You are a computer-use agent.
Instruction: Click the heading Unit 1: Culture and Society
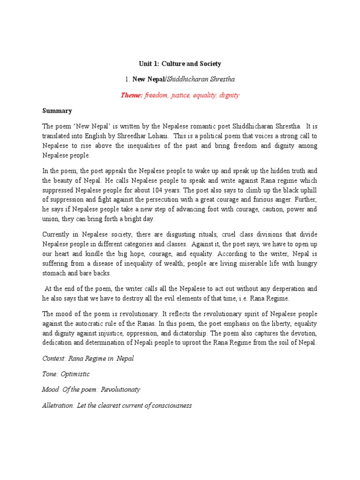point(180,63)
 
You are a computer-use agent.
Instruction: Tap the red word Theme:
point(132,95)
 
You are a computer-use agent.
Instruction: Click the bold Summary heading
point(57,111)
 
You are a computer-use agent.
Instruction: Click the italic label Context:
point(54,359)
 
